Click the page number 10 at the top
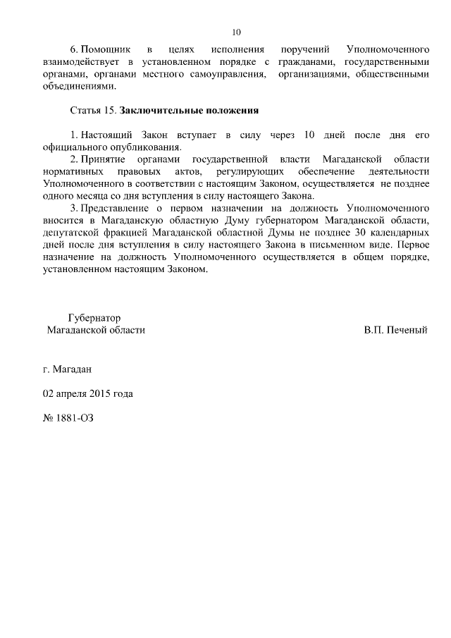pyautogui.click(x=236, y=32)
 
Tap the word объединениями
pyautogui.click(x=78, y=87)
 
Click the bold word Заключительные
pyautogui.click(x=157, y=111)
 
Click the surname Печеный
pyautogui.click(x=407, y=330)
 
